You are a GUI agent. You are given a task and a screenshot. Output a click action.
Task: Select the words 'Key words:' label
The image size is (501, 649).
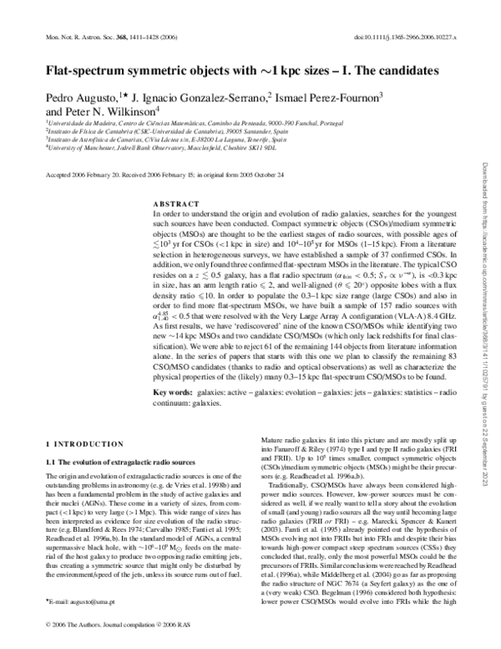(175, 393)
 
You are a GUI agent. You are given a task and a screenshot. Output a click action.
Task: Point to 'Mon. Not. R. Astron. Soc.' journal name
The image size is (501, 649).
(71, 36)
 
